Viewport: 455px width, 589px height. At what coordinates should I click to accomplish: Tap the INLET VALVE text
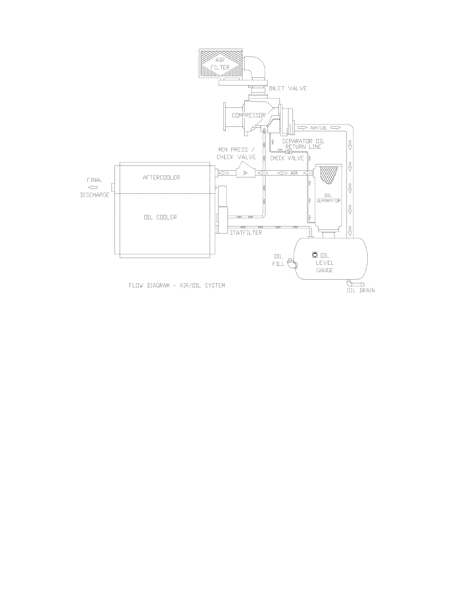coord(288,88)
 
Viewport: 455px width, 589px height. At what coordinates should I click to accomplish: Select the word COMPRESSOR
coord(249,115)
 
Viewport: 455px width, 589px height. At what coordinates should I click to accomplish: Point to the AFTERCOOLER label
coord(161,177)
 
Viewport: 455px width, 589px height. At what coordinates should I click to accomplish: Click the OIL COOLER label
coord(160,217)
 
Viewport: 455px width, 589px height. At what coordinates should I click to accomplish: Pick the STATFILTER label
coord(246,233)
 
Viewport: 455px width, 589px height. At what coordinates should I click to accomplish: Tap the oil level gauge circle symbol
coord(315,255)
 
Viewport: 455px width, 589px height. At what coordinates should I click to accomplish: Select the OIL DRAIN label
coord(361,290)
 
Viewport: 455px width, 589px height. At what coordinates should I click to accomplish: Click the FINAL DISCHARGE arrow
coord(95,187)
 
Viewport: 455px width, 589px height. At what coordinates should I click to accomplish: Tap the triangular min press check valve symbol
coord(244,173)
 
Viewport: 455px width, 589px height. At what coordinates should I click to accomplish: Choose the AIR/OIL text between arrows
coord(319,128)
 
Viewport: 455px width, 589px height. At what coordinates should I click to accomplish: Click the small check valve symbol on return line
coord(288,152)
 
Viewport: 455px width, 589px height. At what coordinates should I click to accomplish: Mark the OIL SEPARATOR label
coord(328,198)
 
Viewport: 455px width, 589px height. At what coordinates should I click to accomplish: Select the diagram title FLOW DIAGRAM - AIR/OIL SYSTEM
coord(177,286)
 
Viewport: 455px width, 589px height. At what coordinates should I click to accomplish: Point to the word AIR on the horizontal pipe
coord(294,173)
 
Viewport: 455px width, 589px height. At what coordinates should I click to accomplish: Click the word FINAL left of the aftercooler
coord(95,180)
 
